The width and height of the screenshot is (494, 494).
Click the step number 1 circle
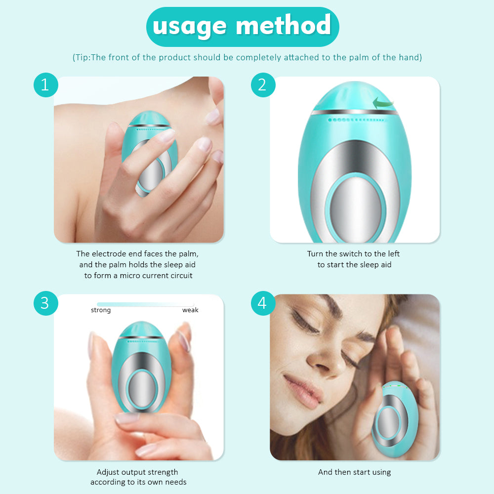(x=45, y=85)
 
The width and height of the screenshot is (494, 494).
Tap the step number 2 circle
(x=262, y=85)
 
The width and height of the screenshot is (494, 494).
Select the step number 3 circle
(x=45, y=303)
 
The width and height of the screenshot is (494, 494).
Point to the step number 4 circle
(x=262, y=303)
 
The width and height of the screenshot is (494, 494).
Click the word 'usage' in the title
(x=189, y=26)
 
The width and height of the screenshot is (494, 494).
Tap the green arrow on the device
(x=383, y=103)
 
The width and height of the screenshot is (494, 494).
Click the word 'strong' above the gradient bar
(x=101, y=310)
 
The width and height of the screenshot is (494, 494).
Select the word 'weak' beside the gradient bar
(x=190, y=310)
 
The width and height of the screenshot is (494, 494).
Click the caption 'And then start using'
(x=354, y=472)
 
